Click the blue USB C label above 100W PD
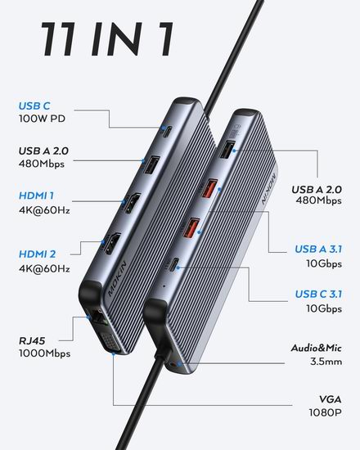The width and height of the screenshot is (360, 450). pyautogui.click(x=34, y=106)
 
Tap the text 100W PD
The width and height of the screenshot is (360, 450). pyautogui.click(x=42, y=119)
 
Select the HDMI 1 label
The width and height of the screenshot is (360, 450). pyautogui.click(x=36, y=196)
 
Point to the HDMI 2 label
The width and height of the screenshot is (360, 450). pyautogui.click(x=38, y=254)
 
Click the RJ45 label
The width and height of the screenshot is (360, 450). pyautogui.click(x=32, y=341)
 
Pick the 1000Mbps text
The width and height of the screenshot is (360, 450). pyautogui.click(x=44, y=353)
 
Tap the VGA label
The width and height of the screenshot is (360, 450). pyautogui.click(x=331, y=399)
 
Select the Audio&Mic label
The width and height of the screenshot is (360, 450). pyautogui.click(x=316, y=348)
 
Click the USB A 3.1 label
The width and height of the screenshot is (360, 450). pyautogui.click(x=318, y=249)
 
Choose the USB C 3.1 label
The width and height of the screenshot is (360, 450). pyautogui.click(x=318, y=294)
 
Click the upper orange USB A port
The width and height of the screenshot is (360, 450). pyautogui.click(x=209, y=188)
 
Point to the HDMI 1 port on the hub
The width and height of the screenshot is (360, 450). pyautogui.click(x=133, y=203)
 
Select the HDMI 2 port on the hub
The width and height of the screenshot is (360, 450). pyautogui.click(x=112, y=244)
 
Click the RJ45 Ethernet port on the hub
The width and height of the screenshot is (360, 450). pyautogui.click(x=99, y=318)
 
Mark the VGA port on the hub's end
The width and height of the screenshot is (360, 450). pyautogui.click(x=110, y=342)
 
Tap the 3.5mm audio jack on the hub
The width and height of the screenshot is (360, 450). pyautogui.click(x=174, y=365)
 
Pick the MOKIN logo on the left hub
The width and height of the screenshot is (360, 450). pyautogui.click(x=118, y=278)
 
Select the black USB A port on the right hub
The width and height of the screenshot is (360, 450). pyautogui.click(x=227, y=150)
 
